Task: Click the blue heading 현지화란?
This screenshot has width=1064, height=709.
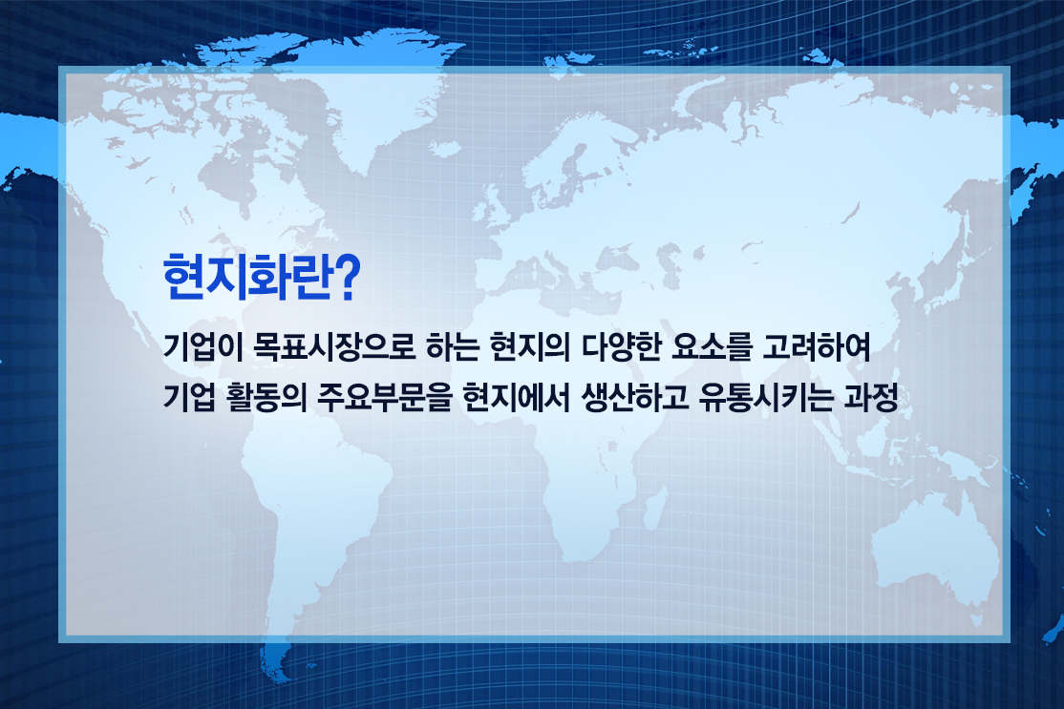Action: (261, 278)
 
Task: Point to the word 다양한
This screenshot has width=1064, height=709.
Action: (621, 348)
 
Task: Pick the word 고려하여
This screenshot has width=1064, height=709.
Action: (817, 348)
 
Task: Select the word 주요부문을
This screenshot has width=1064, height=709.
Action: (384, 398)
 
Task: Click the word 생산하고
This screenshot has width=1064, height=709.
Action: (634, 398)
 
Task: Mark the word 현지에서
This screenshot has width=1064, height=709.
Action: (517, 398)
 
